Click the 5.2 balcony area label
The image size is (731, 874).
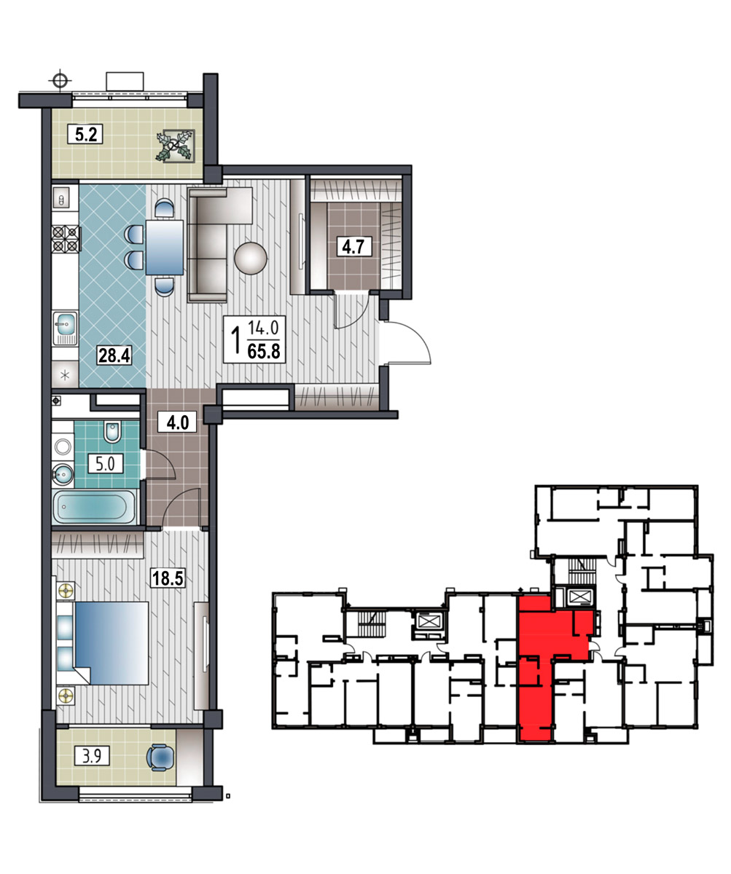pos(85,134)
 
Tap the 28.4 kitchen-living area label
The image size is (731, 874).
pos(114,355)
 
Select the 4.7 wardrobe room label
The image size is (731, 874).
pos(354,247)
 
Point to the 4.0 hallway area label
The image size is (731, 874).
pos(178,422)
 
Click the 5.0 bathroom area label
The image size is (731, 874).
pos(105,464)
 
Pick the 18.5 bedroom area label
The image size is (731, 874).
pos(167,578)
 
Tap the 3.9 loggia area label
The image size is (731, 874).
pos(91,757)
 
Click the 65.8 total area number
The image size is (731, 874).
pos(264,351)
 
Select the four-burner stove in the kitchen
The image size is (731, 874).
pos(66,239)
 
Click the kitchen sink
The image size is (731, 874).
pos(66,328)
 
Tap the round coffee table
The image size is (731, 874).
pos(251,259)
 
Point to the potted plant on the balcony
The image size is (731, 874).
pos(175,146)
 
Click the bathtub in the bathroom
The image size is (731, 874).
pos(95,506)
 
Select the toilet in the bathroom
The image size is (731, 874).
pos(112,432)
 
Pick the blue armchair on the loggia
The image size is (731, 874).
pos(160,757)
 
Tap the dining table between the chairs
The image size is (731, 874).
pos(165,248)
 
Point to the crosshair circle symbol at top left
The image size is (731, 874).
pos(60,80)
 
